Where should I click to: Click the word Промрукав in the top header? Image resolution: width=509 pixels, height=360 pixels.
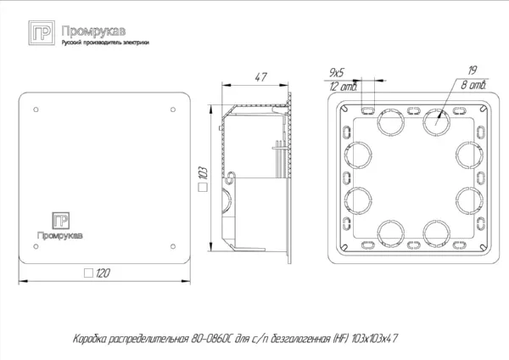click(82, 30)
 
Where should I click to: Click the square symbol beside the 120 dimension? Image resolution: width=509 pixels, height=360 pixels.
click(88, 273)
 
